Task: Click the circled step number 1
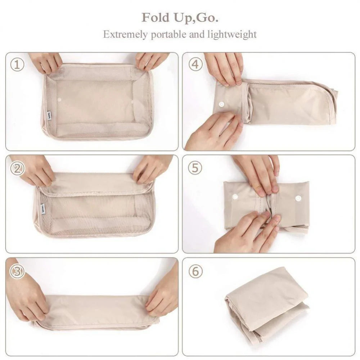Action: coord(17,65)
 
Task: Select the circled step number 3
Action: coord(17,271)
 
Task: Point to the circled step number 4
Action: coord(195,65)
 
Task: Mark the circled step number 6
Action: coord(195,271)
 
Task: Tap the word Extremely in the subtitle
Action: coord(124,35)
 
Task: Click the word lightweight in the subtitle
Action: coord(232,35)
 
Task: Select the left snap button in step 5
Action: coord(235,197)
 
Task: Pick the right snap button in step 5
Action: coord(298,198)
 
